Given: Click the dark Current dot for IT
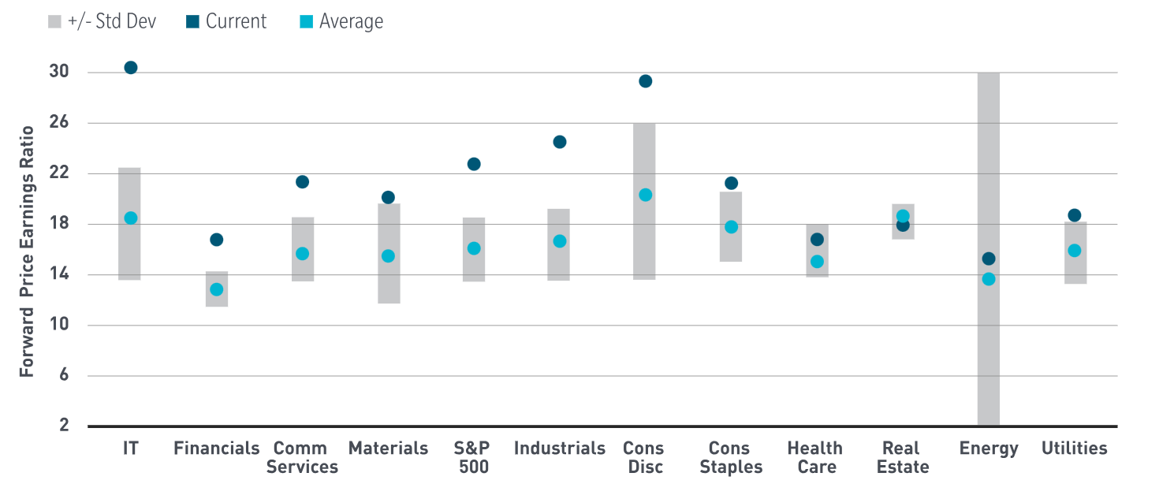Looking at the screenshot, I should tap(131, 68).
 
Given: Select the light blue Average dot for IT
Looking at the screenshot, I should tap(131, 218).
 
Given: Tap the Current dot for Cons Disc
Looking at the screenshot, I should tap(645, 81).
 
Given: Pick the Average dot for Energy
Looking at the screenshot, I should tap(989, 279).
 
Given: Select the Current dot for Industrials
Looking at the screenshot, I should tap(560, 142).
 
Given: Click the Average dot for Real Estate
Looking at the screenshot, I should tap(903, 216).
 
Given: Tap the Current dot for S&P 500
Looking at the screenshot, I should tap(474, 164).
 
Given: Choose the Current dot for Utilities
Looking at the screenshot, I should tap(1074, 215).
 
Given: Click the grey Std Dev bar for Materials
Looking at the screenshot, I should tap(388, 284).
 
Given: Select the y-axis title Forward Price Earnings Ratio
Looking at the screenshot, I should tap(27, 251).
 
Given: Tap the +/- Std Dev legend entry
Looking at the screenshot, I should tap(102, 21).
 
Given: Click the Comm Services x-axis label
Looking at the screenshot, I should tap(302, 457).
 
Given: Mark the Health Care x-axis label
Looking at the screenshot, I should tap(815, 457).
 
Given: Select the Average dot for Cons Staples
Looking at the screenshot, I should tap(731, 227).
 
